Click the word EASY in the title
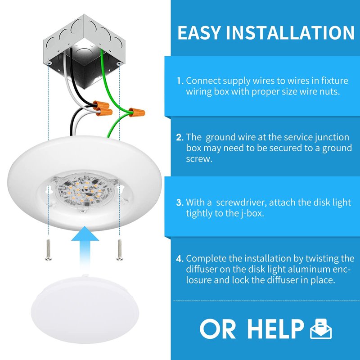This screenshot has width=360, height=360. [199, 32]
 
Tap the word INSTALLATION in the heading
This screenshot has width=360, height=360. [290, 32]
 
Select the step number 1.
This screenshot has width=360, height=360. [180, 81]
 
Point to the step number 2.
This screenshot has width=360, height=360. [180, 137]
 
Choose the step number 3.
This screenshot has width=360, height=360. [180, 202]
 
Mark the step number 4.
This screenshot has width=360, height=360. [180, 259]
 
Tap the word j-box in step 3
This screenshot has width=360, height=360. [252, 213]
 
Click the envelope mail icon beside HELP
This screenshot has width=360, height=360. [321, 329]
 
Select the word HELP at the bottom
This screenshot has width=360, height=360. [275, 329]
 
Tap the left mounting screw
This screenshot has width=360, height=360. [49, 250]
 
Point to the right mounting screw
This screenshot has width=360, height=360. [119, 250]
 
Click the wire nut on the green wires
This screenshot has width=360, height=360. [137, 112]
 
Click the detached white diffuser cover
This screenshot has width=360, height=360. [85, 309]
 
